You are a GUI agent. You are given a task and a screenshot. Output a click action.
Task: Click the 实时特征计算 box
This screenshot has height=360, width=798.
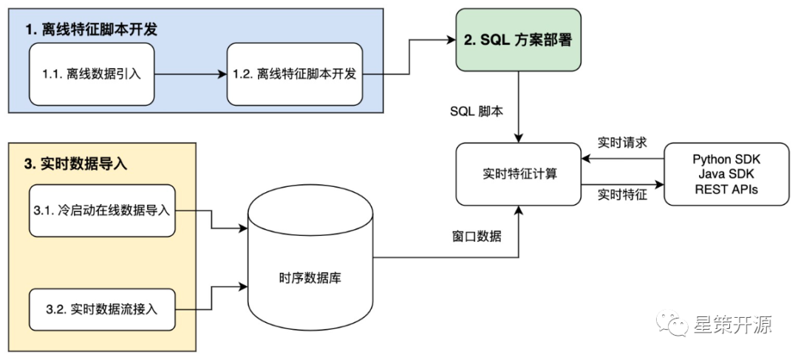517,174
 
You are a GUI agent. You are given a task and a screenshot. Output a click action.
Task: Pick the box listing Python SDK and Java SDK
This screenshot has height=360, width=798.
726,174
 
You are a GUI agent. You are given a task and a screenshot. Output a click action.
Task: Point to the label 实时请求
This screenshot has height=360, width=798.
622,142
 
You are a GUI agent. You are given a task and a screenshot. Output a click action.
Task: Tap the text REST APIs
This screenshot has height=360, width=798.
726,189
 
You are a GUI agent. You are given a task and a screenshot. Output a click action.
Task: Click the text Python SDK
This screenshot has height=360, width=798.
726,159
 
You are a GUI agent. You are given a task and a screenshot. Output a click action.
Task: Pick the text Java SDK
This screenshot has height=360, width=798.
726,174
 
